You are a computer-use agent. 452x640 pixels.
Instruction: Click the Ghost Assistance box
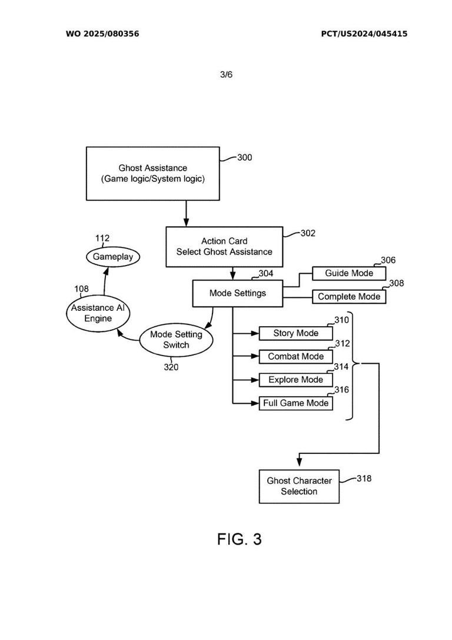tap(152, 174)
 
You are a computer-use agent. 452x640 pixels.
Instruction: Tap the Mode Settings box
tap(237, 293)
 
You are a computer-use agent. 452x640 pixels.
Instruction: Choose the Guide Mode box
tap(349, 273)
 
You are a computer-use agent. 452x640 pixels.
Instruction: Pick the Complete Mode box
tap(349, 297)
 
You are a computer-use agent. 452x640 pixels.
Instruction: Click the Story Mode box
tap(295, 333)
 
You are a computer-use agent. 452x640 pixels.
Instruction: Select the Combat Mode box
tap(295, 357)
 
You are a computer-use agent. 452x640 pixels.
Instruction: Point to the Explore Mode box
tap(295, 380)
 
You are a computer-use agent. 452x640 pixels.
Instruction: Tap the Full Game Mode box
tap(295, 403)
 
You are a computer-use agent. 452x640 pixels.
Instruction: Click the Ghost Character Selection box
tap(299, 486)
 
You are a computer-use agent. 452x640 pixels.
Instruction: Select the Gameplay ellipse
tap(112, 257)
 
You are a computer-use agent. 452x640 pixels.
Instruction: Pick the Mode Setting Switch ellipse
tap(176, 340)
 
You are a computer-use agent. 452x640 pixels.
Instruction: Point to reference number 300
tap(244, 158)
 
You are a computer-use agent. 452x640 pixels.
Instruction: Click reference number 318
tap(364, 479)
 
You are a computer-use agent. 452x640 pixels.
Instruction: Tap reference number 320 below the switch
tap(171, 367)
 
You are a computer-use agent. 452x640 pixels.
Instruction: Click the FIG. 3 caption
tap(239, 539)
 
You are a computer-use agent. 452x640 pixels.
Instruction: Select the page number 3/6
tap(226, 75)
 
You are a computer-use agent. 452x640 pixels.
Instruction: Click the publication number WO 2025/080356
tap(102, 34)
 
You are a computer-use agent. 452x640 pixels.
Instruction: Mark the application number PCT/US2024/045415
tap(364, 34)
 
